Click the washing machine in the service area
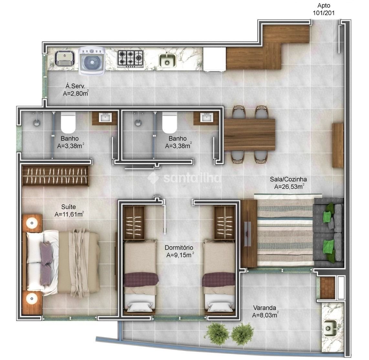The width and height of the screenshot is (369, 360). point(92,61)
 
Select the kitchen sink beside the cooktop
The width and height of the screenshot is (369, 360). point(167,60)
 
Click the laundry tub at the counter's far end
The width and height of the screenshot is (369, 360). point(65,58)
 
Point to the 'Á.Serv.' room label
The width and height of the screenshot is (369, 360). point(75,86)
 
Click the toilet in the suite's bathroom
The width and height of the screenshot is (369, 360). point(68,122)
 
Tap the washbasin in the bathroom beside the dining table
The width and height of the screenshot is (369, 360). point(206,117)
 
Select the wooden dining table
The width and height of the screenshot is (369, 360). point(249,135)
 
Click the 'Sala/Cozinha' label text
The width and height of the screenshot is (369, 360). point(288,180)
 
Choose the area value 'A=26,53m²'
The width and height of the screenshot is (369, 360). point(289,187)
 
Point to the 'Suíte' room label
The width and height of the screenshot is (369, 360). point(69,207)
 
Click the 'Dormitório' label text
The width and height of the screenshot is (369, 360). point(179,248)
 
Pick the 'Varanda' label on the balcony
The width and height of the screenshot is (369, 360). point(265,308)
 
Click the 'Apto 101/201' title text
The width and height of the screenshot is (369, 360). point(323,9)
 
